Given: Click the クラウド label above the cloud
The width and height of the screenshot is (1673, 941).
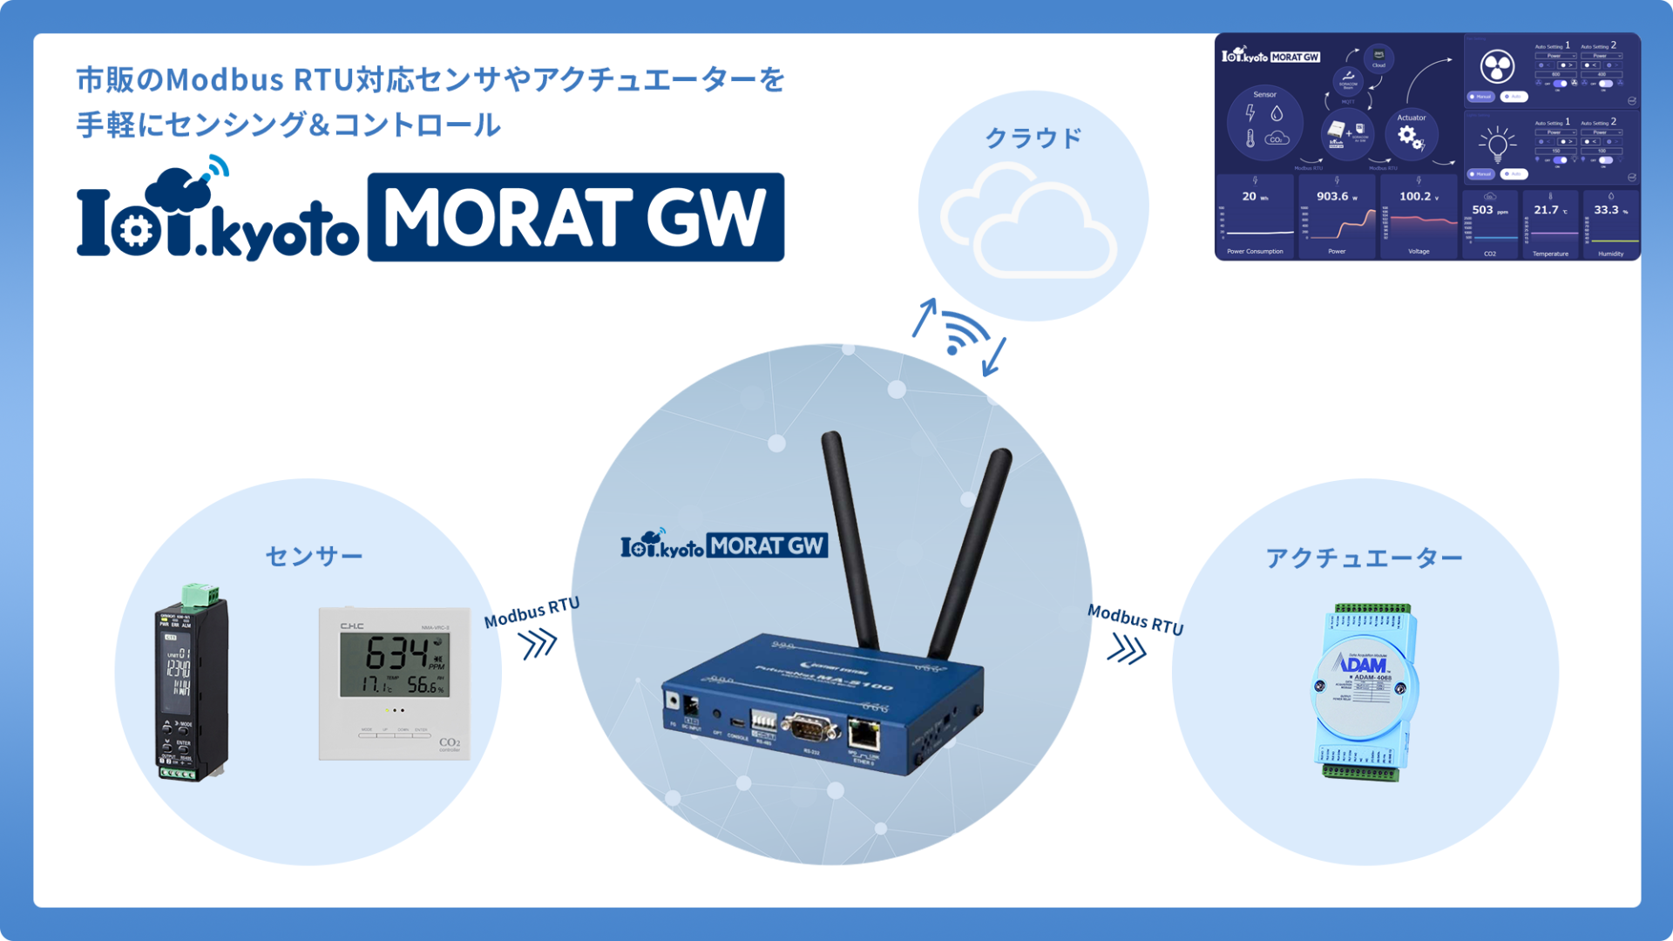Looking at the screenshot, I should pyautogui.click(x=1033, y=138).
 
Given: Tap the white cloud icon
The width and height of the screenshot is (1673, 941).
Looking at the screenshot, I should pyautogui.click(x=1028, y=223).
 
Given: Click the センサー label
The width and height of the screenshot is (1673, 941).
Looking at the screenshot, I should pyautogui.click(x=314, y=556).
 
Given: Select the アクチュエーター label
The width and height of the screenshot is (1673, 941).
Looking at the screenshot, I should pyautogui.click(x=1364, y=558).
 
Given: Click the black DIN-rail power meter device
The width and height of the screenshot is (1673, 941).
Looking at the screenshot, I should pyautogui.click(x=193, y=685).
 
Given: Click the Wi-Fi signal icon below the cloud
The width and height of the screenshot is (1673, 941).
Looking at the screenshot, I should pyautogui.click(x=964, y=333).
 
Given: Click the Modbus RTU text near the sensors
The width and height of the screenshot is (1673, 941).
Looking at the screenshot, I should pyautogui.click(x=532, y=613).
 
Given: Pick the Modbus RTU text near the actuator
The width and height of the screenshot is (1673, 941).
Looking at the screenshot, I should pyautogui.click(x=1135, y=619).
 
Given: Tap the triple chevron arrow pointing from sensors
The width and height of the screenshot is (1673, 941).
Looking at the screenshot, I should pyautogui.click(x=538, y=645).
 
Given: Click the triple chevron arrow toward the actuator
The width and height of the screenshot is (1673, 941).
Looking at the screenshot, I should pyautogui.click(x=1127, y=649).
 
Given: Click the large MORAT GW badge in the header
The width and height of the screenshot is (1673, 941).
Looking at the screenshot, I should pyautogui.click(x=575, y=217).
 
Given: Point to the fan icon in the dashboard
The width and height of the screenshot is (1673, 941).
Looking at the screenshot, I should pyautogui.click(x=1497, y=66).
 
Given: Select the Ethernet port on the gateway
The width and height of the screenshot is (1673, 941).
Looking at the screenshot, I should pyautogui.click(x=863, y=734).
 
